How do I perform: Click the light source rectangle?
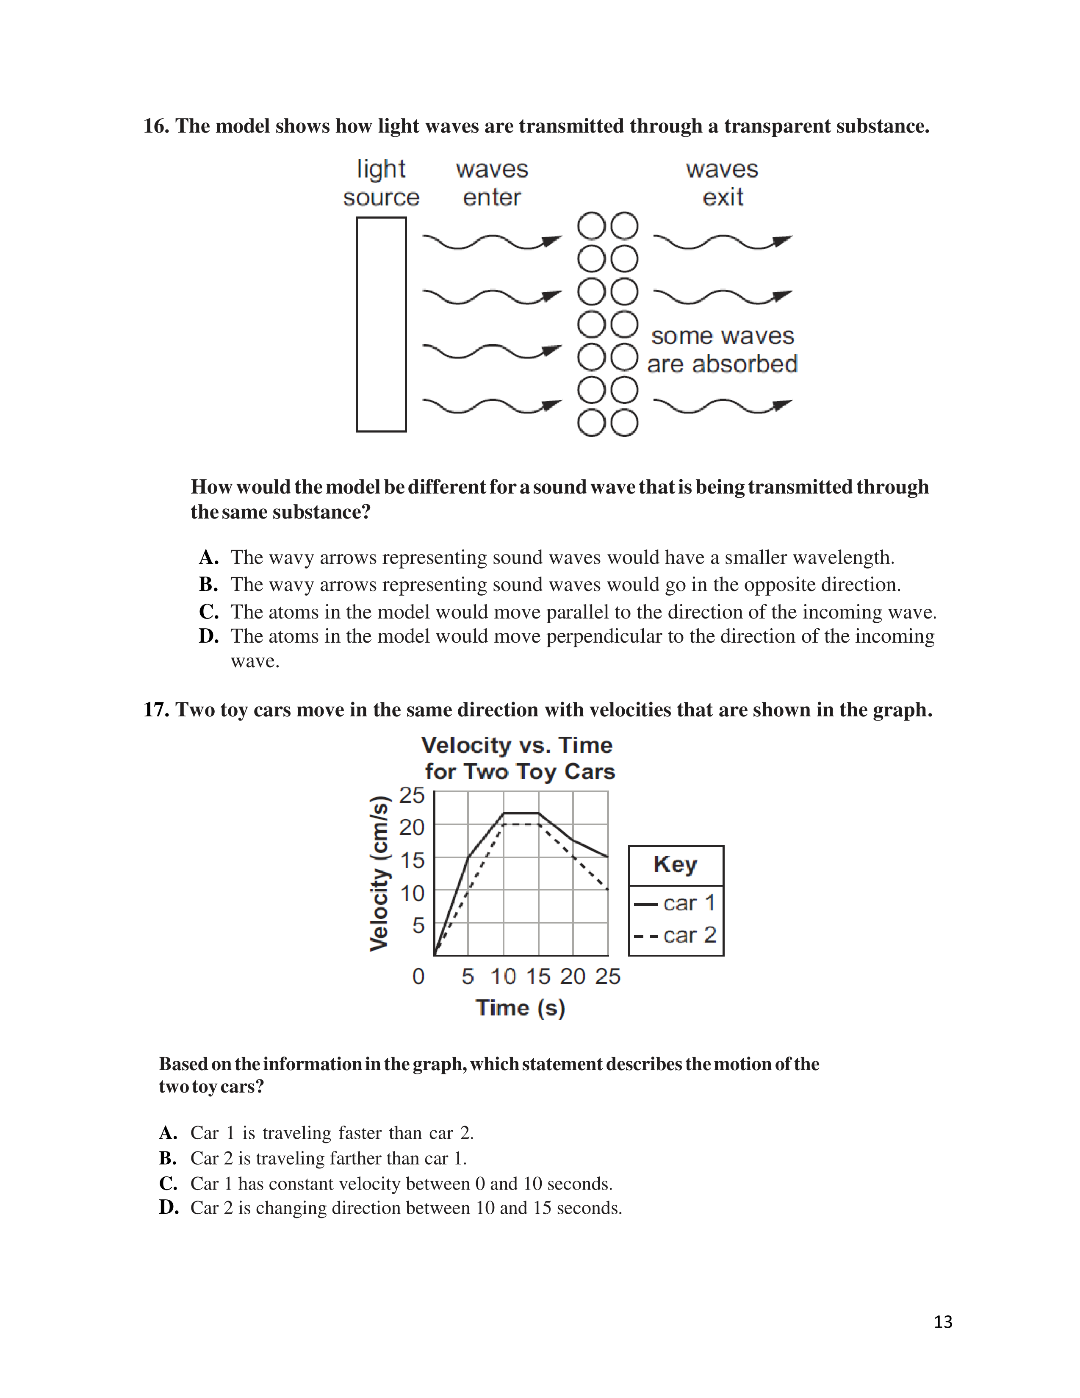(381, 324)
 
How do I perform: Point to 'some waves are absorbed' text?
(723, 349)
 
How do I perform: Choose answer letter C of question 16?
(208, 612)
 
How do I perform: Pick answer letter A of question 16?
(208, 558)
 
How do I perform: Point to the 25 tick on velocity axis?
(411, 795)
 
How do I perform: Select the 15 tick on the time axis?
(538, 976)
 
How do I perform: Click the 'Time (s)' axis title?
(520, 1008)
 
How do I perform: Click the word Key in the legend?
(675, 864)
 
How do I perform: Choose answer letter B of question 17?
(168, 1158)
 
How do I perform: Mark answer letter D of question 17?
(168, 1207)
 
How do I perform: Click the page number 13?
(942, 1322)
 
